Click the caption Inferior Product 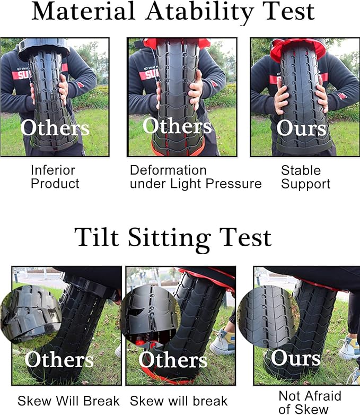tap(55, 177)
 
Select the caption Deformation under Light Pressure tap(196, 177)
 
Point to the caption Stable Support tap(305, 177)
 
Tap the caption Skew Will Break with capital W tap(69, 401)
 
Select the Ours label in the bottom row tap(295, 358)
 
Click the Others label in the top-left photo tap(55, 128)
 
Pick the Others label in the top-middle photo tap(177, 126)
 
